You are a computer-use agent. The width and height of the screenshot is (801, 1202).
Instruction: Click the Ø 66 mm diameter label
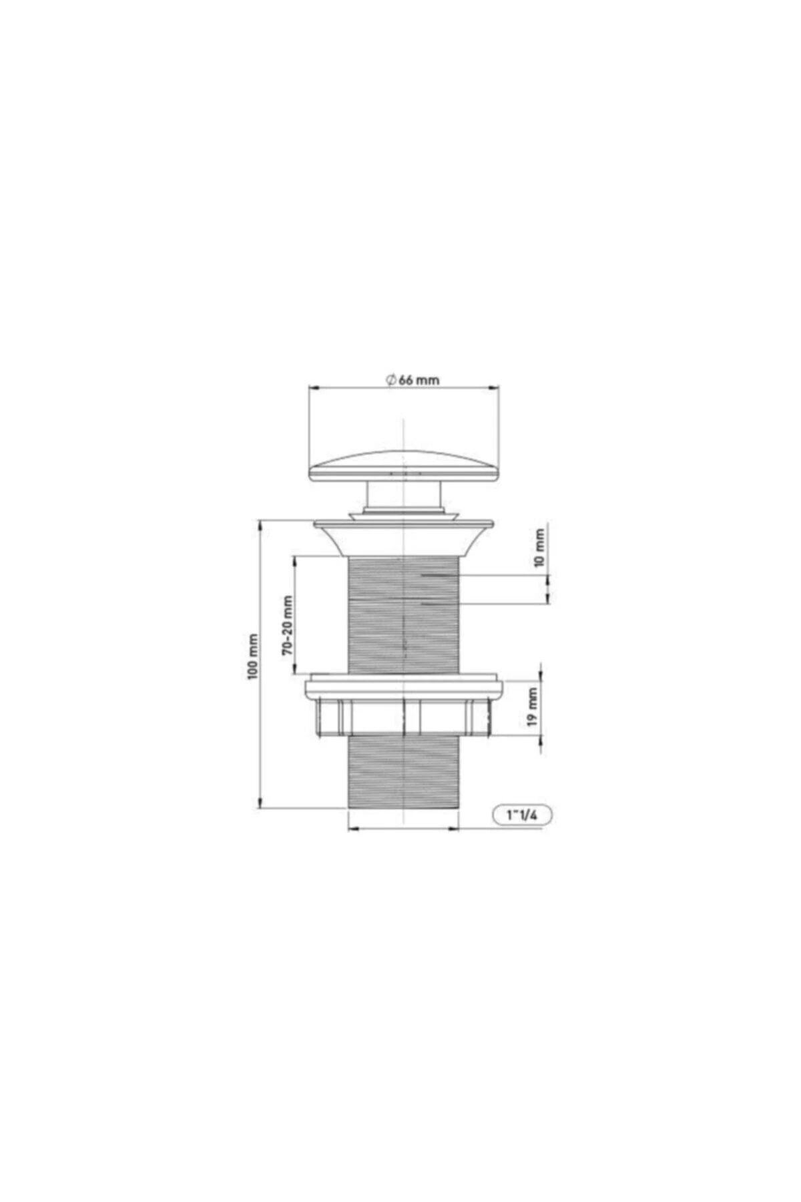click(413, 379)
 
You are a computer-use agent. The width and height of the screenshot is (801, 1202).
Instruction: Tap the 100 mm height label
click(253, 656)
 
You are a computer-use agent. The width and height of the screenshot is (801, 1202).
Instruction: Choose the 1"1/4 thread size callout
click(523, 815)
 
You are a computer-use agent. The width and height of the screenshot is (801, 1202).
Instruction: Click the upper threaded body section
click(404, 614)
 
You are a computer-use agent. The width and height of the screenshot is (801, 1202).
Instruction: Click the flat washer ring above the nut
click(404, 686)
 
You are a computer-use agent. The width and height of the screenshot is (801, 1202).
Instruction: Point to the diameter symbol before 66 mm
click(391, 379)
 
